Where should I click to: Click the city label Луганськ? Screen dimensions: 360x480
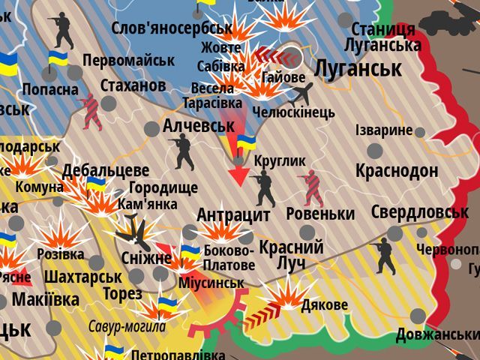(x=358, y=70)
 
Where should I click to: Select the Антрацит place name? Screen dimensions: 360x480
(x=233, y=215)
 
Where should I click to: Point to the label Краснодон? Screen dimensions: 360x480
(x=397, y=170)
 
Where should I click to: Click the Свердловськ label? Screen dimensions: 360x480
(x=419, y=212)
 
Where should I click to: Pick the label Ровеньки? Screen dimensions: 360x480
(x=320, y=214)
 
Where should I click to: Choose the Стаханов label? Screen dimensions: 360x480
(x=133, y=85)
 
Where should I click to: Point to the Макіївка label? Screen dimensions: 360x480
(x=46, y=300)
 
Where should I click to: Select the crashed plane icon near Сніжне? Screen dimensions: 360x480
(x=135, y=232)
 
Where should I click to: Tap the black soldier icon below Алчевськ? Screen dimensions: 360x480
(x=182, y=151)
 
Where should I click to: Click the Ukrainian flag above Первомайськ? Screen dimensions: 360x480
(x=58, y=60)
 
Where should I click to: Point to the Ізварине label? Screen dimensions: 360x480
(x=383, y=130)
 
